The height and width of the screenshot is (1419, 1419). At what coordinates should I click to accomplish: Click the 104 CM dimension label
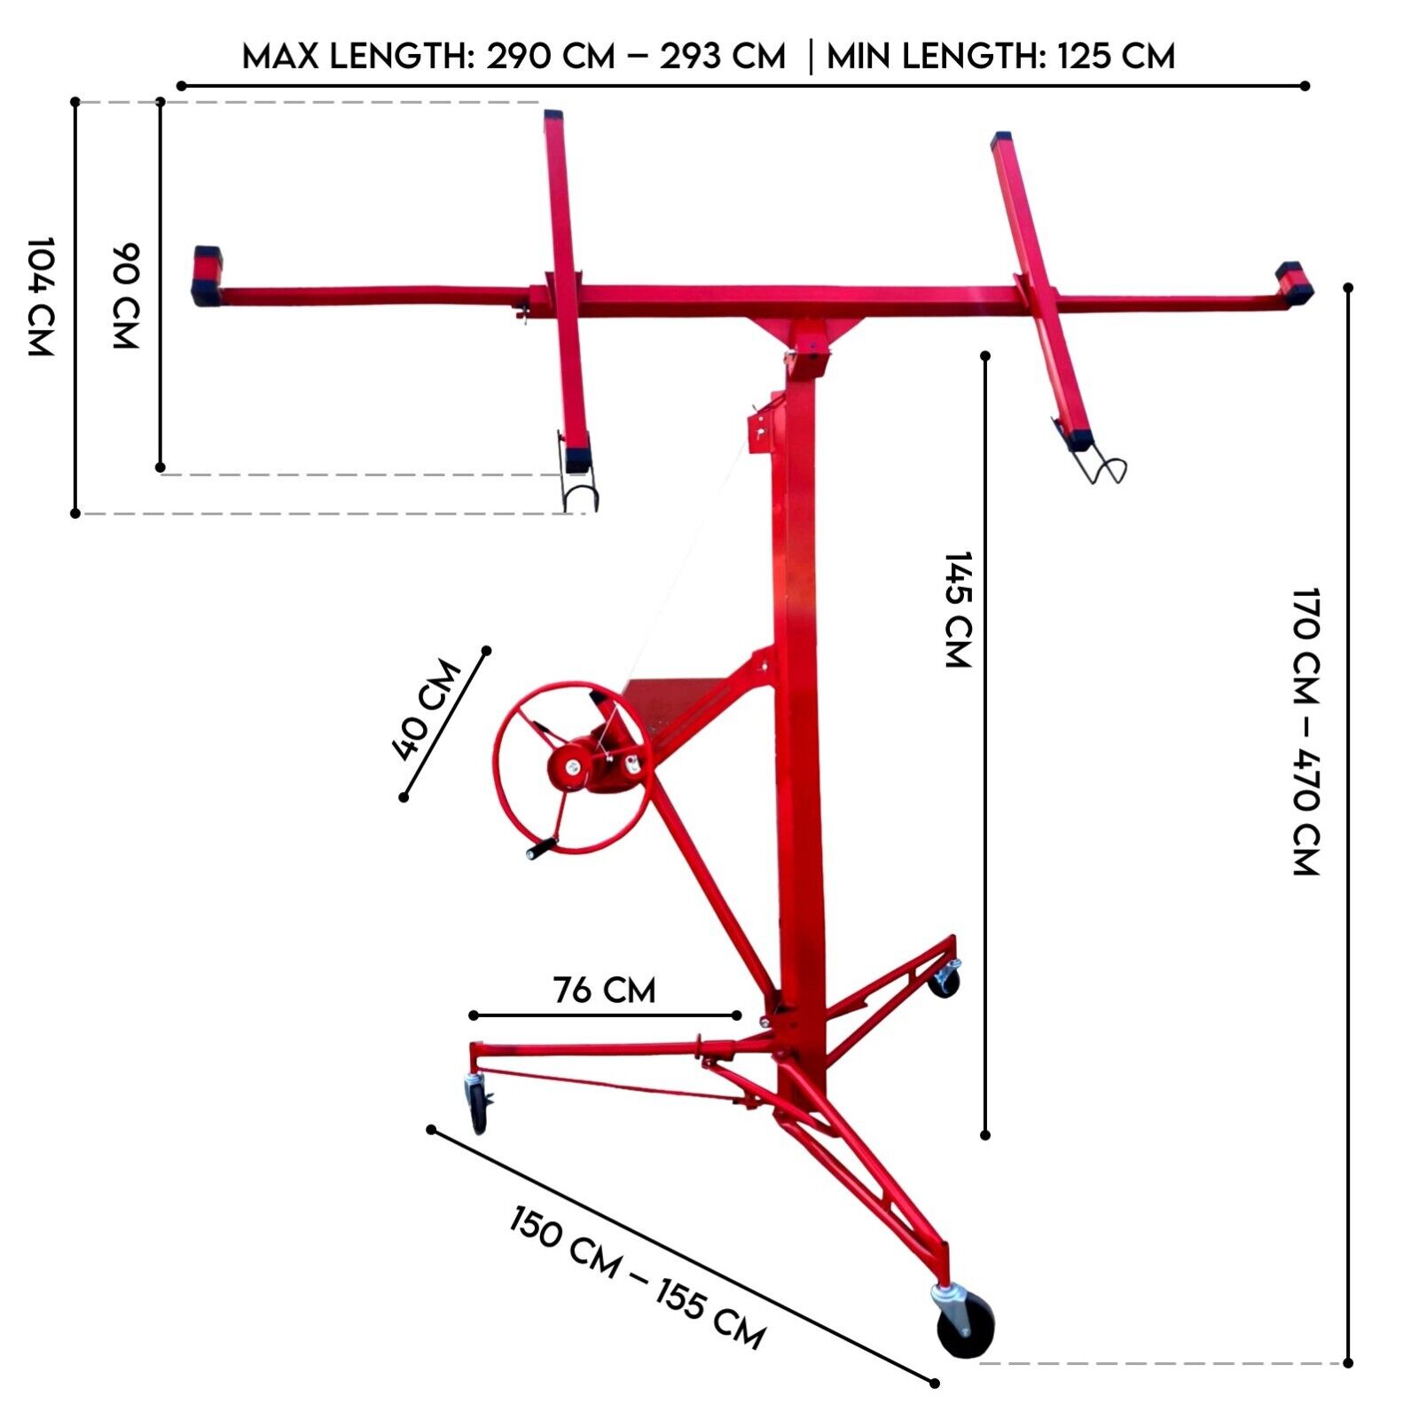(41, 296)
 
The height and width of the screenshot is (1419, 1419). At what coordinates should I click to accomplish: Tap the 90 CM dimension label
(125, 296)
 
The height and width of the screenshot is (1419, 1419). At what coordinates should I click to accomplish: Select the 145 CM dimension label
(958, 609)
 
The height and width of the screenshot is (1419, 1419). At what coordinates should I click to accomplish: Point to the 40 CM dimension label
(427, 710)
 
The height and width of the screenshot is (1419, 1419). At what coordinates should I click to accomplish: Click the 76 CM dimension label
(605, 990)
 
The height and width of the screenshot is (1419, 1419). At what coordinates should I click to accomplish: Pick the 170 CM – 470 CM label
(1306, 731)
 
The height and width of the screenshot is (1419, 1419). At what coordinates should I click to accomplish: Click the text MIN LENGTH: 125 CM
(1000, 57)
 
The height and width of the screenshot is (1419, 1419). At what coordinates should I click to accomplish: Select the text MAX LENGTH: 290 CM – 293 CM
(514, 57)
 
